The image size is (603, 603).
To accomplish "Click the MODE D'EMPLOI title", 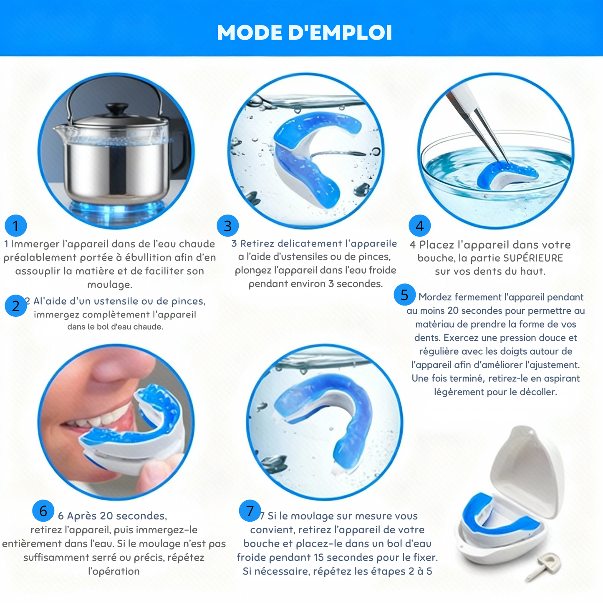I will pos(305,33).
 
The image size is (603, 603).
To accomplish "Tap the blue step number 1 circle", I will pos(16,226).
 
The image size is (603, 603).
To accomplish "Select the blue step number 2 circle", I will pos(16,306).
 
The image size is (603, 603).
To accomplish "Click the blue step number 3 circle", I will pos(227,226).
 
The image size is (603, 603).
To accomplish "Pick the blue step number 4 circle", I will pos(419,226).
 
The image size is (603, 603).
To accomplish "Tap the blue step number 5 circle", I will pos(404,295).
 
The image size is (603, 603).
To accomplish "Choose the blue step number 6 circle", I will pos(43,511).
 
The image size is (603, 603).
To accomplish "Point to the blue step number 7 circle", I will pos(250,511).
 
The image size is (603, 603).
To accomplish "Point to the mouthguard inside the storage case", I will pos(501,517).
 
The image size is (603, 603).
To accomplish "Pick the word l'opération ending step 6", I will pos(114,571).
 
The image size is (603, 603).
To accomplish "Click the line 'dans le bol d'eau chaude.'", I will pos(115,327).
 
